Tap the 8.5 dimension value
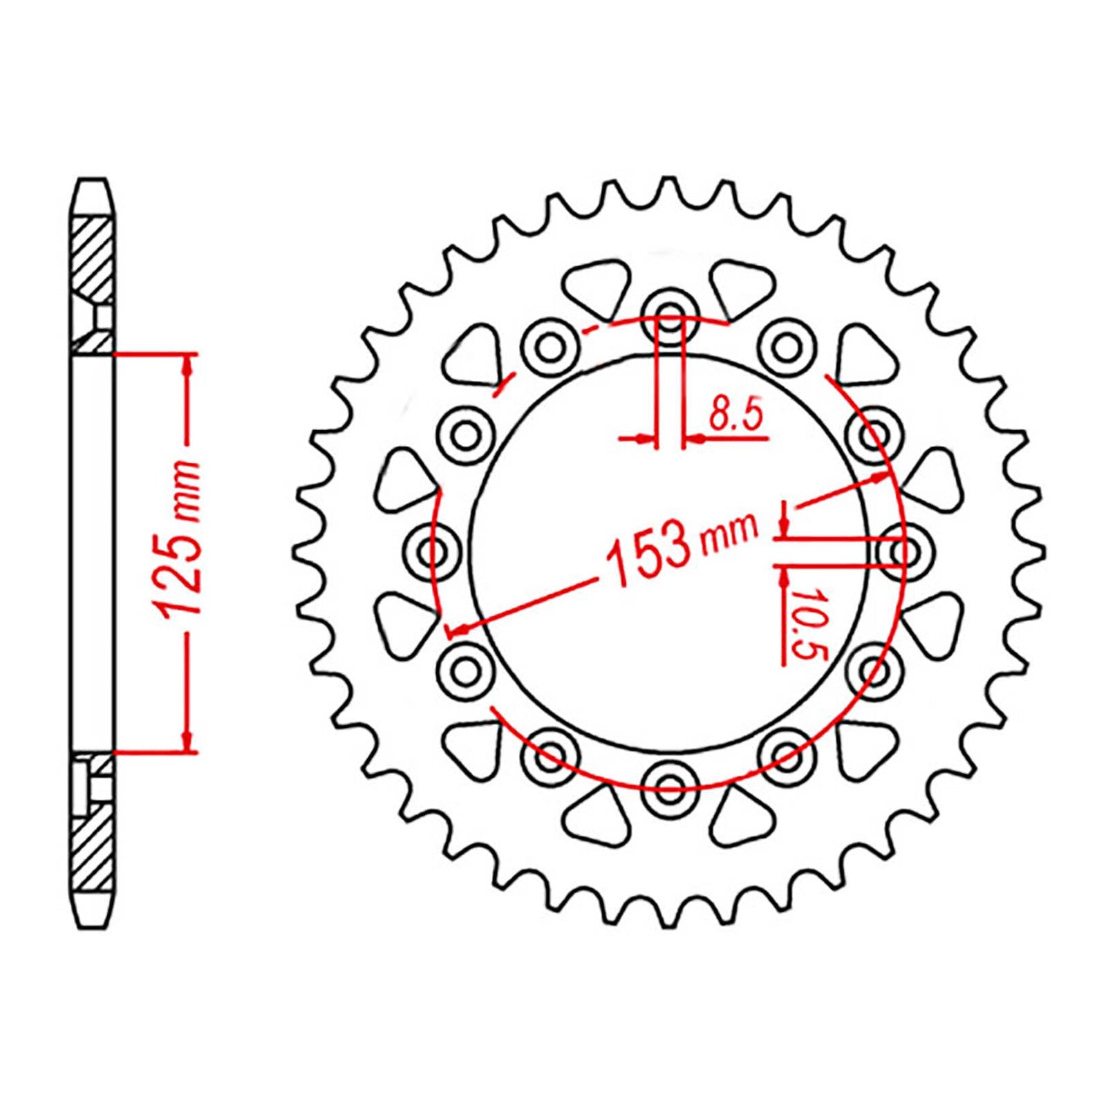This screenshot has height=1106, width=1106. click(x=735, y=417)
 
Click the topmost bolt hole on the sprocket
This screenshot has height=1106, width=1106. click(x=668, y=315)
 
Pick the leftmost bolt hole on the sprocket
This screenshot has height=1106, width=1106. click(x=434, y=552)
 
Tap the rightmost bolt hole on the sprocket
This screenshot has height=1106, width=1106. click(x=903, y=552)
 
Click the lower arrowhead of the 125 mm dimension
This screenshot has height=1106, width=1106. click(x=186, y=741)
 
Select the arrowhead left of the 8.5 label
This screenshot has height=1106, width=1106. click(x=647, y=438)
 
